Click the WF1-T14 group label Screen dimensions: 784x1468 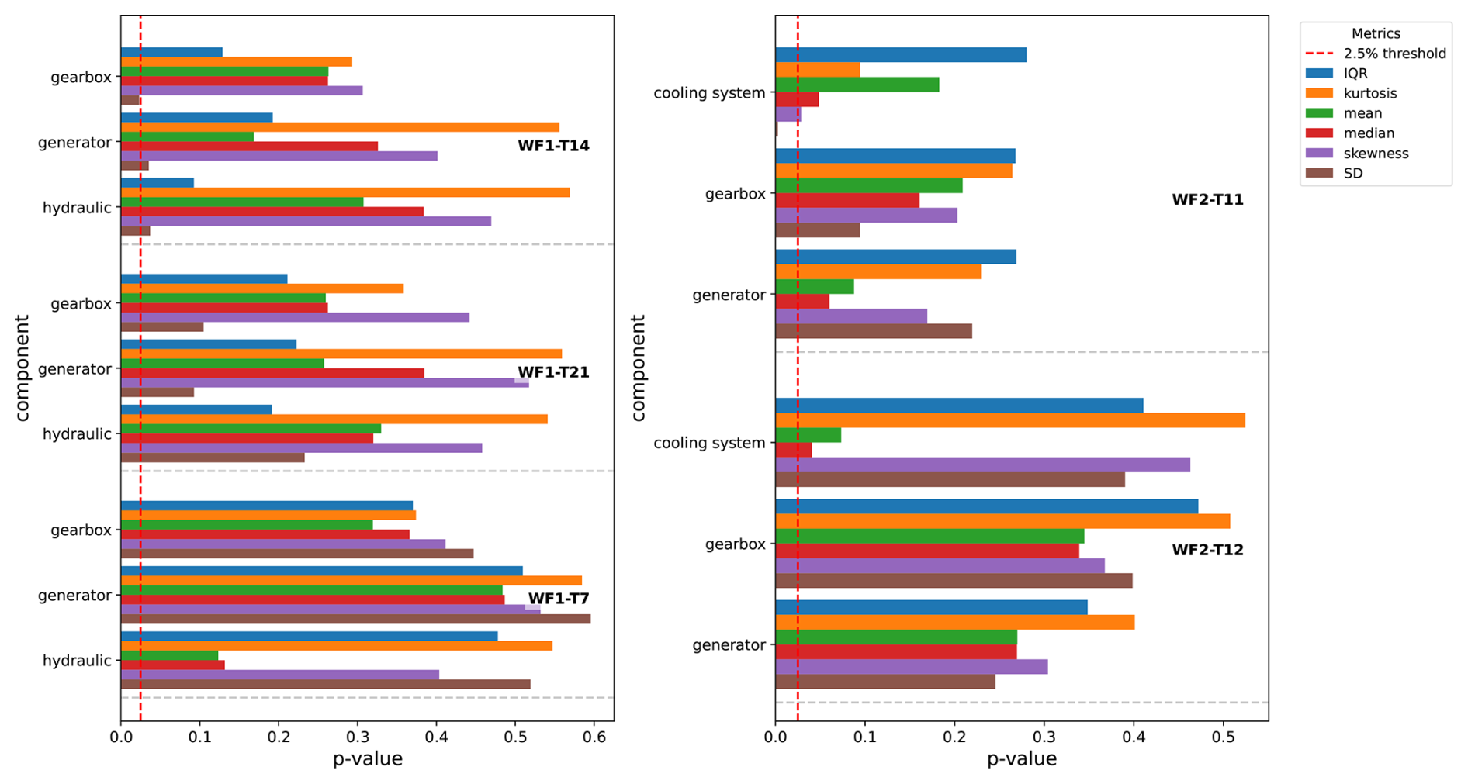click(x=553, y=146)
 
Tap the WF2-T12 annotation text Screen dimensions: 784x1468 click(x=1207, y=550)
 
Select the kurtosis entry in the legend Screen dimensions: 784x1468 click(x=1370, y=93)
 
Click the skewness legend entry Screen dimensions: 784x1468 click(x=1376, y=154)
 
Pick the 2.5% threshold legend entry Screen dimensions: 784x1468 click(x=1394, y=54)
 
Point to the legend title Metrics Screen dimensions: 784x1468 click(x=1376, y=33)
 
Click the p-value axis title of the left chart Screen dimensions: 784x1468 click(x=367, y=759)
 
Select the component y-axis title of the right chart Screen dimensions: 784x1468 click(x=638, y=368)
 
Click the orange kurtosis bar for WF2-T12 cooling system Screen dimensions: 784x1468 click(x=1009, y=420)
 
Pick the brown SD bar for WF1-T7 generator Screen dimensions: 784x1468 click(x=355, y=619)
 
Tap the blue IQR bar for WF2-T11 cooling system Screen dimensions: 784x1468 click(x=900, y=55)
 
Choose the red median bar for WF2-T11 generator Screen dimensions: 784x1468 click(x=802, y=302)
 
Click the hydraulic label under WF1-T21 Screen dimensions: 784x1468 click(x=77, y=434)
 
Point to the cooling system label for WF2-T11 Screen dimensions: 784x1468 click(x=709, y=93)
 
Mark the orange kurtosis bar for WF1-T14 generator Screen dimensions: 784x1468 click(x=340, y=127)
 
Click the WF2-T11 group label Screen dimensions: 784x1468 click(x=1207, y=200)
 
